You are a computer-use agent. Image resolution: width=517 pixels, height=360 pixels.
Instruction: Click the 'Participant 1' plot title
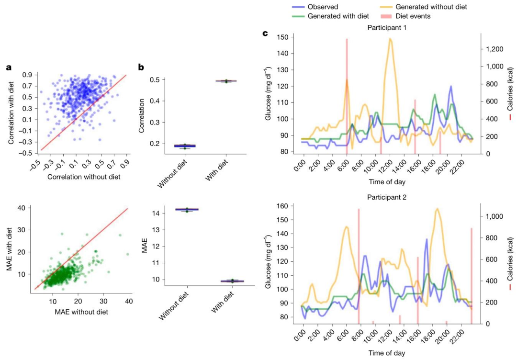[x=387, y=27]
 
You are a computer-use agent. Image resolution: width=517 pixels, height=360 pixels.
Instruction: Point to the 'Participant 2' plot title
[x=387, y=197]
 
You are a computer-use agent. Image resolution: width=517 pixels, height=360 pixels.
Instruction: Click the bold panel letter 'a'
[x=8, y=67]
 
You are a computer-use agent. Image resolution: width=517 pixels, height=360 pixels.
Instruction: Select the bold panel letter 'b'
[x=141, y=67]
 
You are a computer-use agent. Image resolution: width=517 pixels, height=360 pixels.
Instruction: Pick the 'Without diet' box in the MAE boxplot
[x=174, y=209]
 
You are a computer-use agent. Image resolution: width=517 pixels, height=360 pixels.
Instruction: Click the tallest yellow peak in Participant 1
[x=391, y=39]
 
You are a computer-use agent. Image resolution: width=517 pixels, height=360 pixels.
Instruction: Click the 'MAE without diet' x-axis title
[x=81, y=312]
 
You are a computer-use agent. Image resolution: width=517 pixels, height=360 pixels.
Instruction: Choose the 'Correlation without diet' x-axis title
[x=81, y=178]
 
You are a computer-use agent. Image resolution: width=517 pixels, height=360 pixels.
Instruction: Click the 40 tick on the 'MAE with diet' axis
[x=21, y=208]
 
